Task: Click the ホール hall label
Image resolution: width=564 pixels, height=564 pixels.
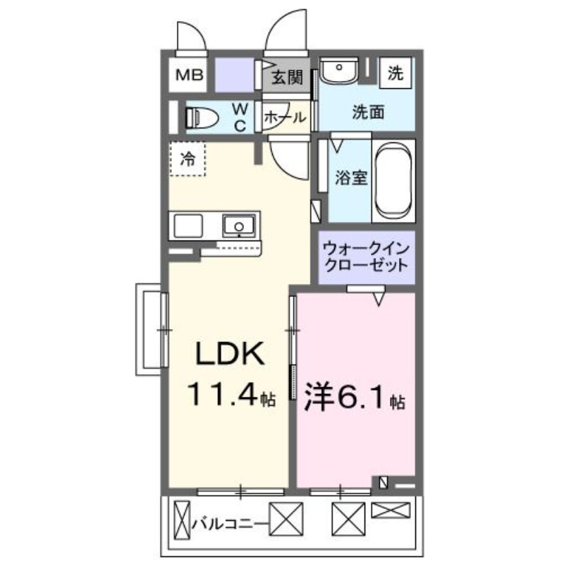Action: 285,118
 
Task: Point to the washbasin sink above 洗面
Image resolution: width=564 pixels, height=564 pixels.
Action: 340,70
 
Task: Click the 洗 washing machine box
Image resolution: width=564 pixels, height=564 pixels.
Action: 397,73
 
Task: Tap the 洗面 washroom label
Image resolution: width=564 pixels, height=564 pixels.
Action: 368,111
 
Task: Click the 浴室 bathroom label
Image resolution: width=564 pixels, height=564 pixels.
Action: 350,178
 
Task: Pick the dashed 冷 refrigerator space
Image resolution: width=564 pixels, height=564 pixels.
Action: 188,159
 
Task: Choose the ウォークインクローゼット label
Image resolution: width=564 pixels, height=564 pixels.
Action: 365,258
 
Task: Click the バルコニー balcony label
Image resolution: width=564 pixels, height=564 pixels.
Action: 227,523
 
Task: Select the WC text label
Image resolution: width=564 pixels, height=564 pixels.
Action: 240,117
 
